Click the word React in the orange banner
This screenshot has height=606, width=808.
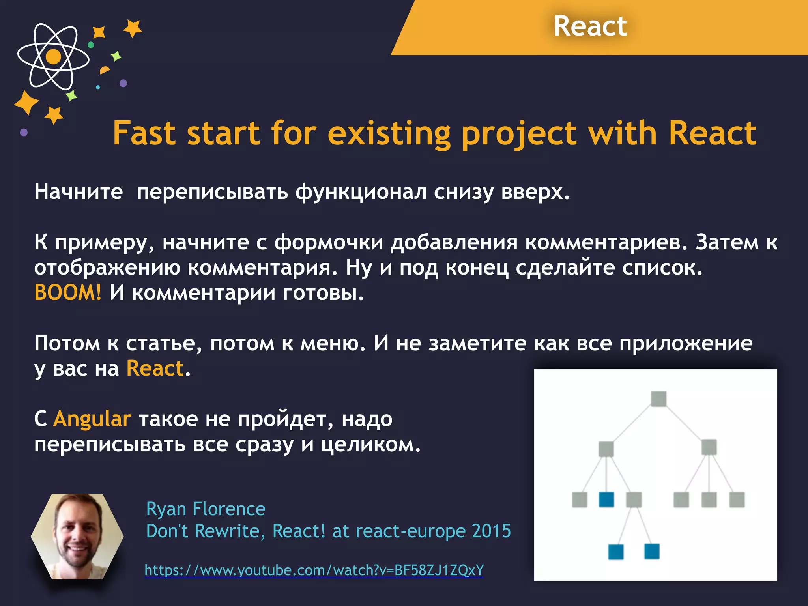click(x=590, y=26)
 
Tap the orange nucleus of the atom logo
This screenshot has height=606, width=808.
click(x=53, y=56)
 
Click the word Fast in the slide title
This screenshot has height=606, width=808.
click(x=144, y=133)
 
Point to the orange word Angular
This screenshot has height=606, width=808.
click(x=92, y=419)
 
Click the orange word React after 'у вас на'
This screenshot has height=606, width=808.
click(x=155, y=368)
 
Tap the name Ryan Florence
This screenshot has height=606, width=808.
click(x=206, y=509)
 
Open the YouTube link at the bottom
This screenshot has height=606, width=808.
click(x=314, y=570)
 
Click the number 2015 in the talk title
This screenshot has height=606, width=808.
click(x=491, y=531)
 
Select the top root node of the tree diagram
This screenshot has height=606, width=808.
click(x=658, y=399)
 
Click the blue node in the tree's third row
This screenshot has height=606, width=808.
click(x=606, y=499)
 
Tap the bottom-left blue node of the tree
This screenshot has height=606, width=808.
click(x=616, y=552)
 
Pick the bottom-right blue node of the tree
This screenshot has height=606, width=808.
click(x=652, y=551)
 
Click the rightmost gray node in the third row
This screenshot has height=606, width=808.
click(x=737, y=499)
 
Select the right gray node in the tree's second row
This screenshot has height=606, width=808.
click(x=709, y=447)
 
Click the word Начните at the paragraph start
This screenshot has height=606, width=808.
click(x=79, y=192)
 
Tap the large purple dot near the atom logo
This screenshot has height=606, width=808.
click(x=123, y=83)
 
